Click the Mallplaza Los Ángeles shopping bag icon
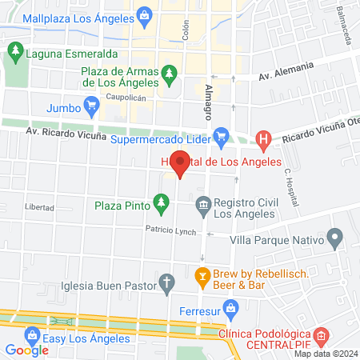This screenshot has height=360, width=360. (144, 14)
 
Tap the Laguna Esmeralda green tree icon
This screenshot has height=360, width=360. (14, 52)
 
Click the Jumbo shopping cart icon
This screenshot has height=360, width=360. (93, 105)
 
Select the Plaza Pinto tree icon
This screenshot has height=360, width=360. (162, 204)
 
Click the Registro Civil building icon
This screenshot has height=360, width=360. (204, 206)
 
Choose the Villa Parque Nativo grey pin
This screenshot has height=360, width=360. (335, 238)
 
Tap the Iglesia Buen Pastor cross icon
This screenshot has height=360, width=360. (167, 282)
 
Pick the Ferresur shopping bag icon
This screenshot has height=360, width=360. (231, 306)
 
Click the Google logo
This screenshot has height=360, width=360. (27, 350)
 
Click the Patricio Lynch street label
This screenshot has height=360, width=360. (170, 230)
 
